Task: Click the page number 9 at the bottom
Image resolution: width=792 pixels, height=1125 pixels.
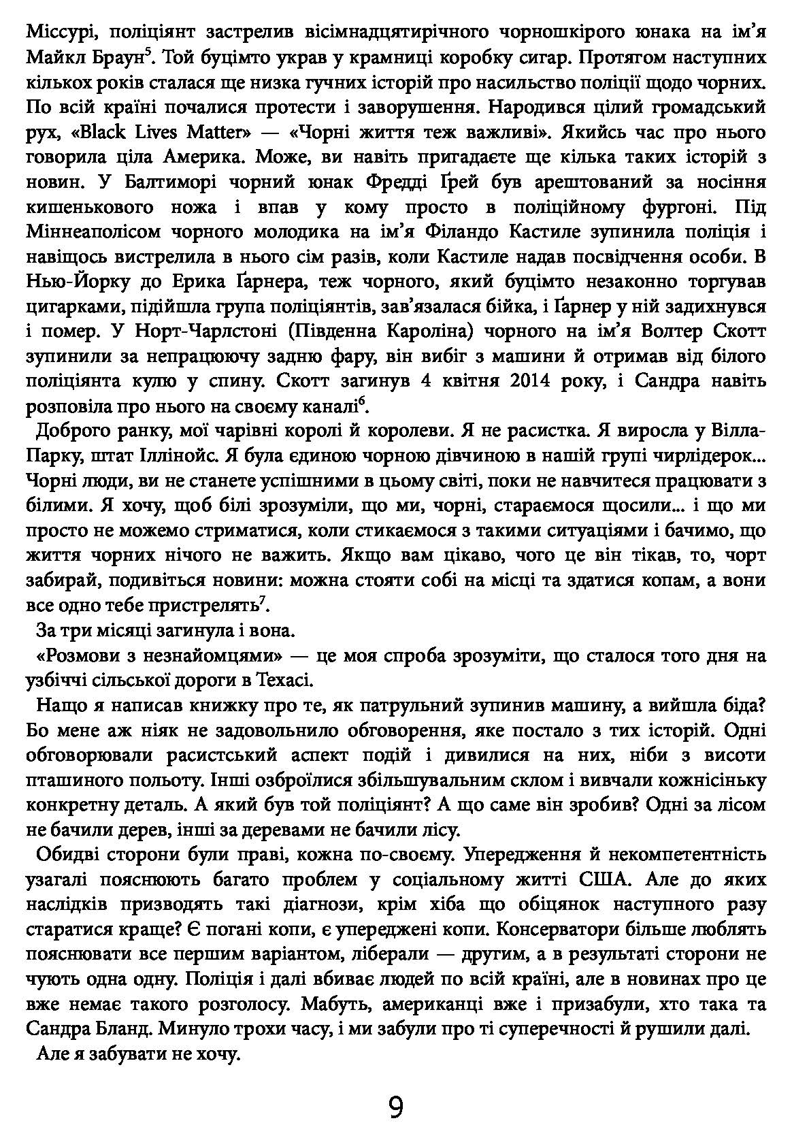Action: (396, 1088)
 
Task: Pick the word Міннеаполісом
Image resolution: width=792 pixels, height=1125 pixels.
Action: (93, 233)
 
